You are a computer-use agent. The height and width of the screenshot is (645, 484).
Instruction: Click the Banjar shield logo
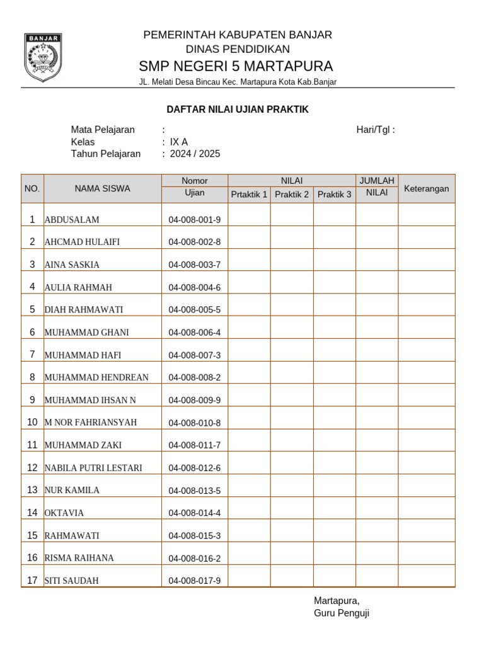[43, 57]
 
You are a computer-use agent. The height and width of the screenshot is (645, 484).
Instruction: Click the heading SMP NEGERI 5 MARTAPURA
[236, 66]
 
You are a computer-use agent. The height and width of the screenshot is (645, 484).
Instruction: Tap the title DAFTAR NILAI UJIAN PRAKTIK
[237, 110]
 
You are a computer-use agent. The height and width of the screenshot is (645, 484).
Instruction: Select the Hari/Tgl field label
[376, 130]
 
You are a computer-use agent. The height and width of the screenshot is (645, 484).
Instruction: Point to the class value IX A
[179, 142]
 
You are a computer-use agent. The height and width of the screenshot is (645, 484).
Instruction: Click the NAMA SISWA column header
[103, 188]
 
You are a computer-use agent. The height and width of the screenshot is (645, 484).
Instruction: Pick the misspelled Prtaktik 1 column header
[249, 195]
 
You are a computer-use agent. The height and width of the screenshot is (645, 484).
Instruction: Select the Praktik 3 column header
[334, 195]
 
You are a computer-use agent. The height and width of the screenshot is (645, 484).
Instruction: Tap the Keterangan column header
[426, 188]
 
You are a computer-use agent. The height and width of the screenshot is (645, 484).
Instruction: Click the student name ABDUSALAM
[72, 220]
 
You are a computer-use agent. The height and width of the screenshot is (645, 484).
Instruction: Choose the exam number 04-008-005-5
[195, 310]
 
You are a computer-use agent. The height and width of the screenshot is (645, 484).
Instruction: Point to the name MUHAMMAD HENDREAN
[96, 377]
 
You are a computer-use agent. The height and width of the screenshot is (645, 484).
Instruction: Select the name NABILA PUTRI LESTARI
[93, 467]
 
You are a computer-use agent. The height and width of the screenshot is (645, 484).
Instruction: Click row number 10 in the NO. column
[32, 422]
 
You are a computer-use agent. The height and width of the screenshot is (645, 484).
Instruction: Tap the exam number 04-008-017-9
[195, 580]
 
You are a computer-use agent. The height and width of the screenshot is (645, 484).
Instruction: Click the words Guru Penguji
[342, 613]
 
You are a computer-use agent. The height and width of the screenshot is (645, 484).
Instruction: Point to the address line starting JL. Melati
[238, 83]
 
